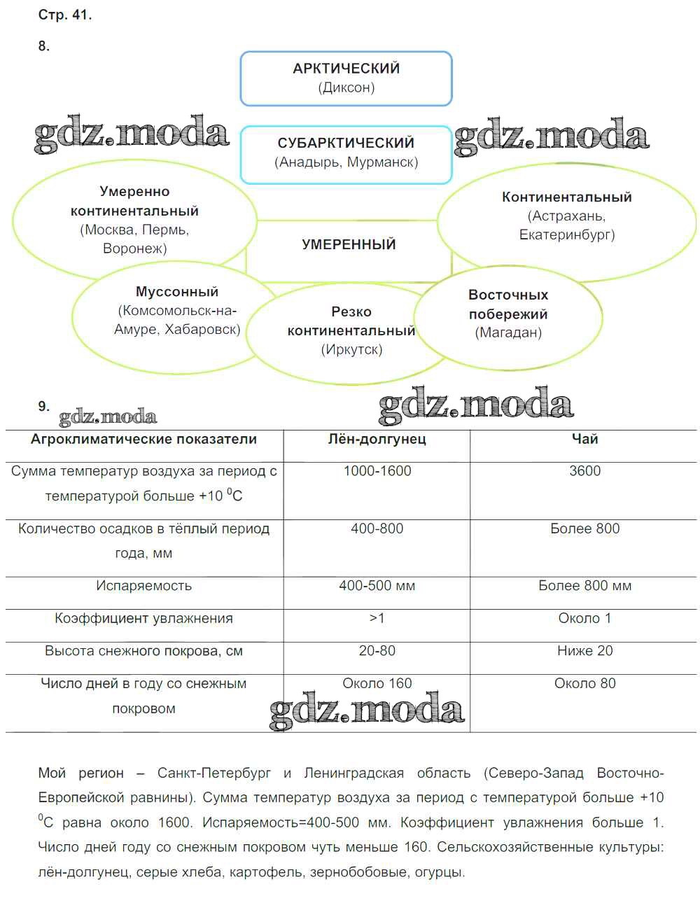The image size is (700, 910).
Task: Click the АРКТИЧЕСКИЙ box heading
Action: click(346, 69)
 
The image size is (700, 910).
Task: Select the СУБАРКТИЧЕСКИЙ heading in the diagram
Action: click(346, 143)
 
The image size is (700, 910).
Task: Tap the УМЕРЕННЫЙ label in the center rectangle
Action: click(349, 244)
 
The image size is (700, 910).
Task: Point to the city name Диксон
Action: click(346, 87)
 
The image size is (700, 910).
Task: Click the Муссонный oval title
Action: click(177, 292)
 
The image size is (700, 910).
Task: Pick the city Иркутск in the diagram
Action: click(351, 349)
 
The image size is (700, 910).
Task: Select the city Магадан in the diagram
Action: click(508, 332)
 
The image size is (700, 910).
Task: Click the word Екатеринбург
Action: click(567, 234)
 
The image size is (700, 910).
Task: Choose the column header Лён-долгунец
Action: click(377, 439)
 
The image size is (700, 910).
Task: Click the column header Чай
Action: click(584, 439)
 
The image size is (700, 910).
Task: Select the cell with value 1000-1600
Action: click(377, 471)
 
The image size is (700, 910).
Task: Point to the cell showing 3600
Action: click(584, 471)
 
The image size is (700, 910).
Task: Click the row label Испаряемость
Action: click(143, 586)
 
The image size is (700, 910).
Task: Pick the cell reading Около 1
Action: click(584, 618)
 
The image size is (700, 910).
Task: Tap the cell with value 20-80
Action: click(377, 651)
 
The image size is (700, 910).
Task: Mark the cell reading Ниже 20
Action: click(584, 651)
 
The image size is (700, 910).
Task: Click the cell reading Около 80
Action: click(584, 683)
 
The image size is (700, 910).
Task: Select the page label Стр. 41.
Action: click(64, 15)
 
